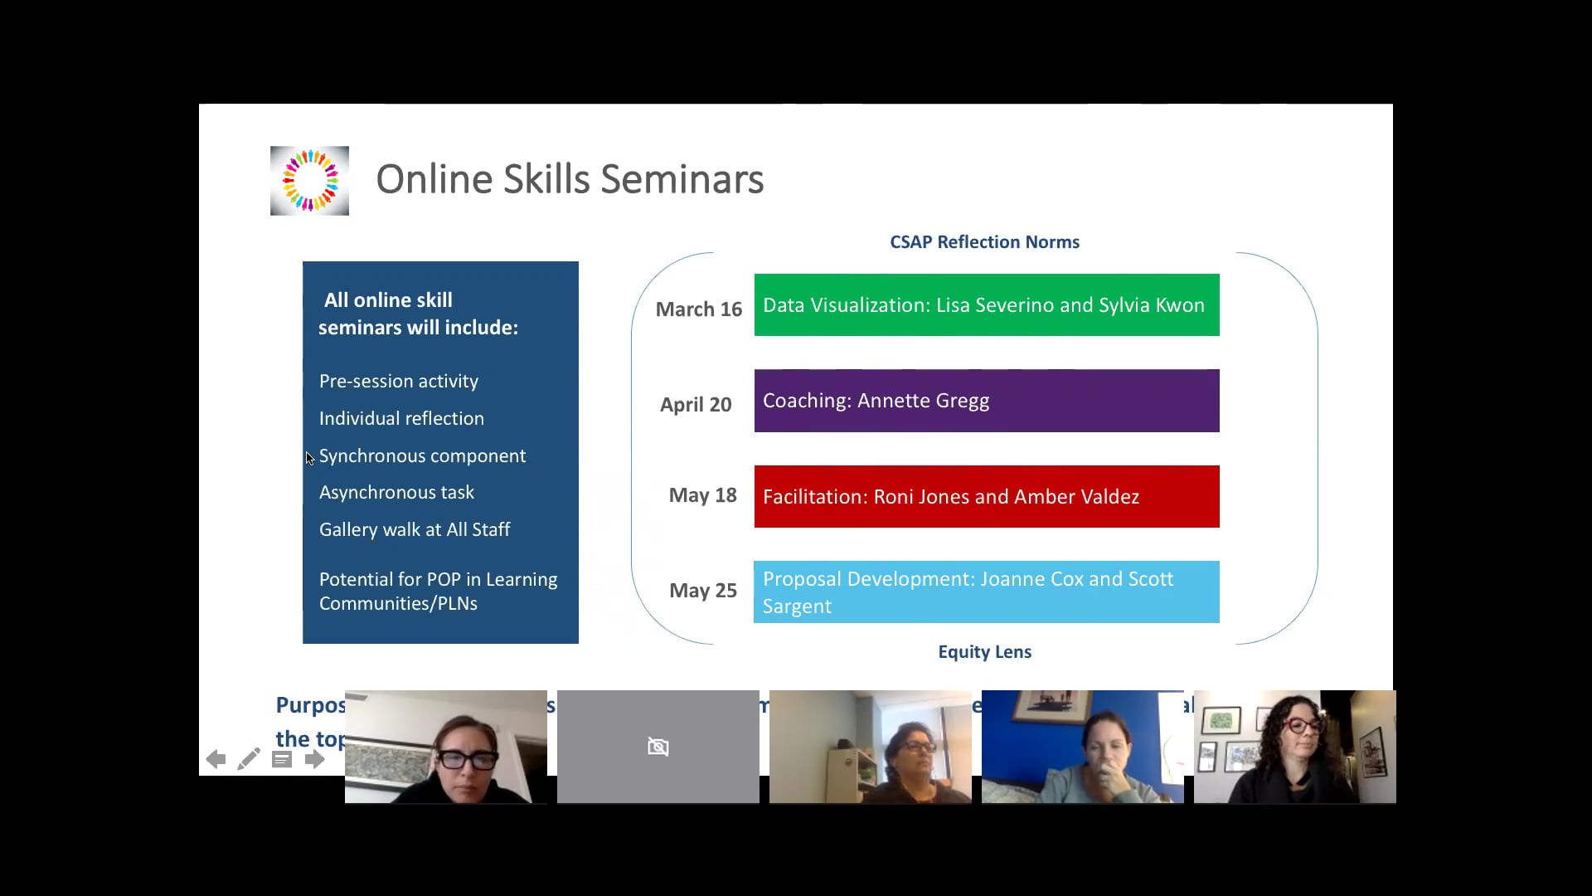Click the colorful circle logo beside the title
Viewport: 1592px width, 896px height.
pyautogui.click(x=309, y=181)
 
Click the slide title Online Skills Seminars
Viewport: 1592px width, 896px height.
pyautogui.click(x=570, y=179)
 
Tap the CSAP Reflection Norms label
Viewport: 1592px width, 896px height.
pyautogui.click(x=984, y=242)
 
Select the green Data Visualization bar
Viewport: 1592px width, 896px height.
pyautogui.click(x=986, y=305)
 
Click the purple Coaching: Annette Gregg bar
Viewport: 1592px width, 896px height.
pyautogui.click(x=986, y=401)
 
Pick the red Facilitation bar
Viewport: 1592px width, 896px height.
pyautogui.click(x=986, y=496)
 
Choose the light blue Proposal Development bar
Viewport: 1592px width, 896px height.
pyautogui.click(x=986, y=592)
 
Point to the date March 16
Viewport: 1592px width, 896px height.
pyautogui.click(x=698, y=309)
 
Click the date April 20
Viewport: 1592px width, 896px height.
pyautogui.click(x=696, y=405)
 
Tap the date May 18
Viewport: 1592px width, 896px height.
pyautogui.click(x=702, y=495)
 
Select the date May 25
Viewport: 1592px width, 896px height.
pyautogui.click(x=702, y=591)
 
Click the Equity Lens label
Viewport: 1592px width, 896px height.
pyautogui.click(x=984, y=652)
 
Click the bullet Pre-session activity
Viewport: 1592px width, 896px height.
pyautogui.click(x=398, y=382)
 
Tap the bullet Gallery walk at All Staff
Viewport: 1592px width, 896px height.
pyautogui.click(x=414, y=530)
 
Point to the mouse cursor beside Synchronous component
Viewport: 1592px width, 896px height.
pyautogui.click(x=309, y=458)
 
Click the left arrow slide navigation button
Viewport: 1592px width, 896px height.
pyautogui.click(x=216, y=759)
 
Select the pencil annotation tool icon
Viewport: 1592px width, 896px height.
pyautogui.click(x=249, y=759)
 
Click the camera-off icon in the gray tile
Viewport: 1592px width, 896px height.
pyautogui.click(x=658, y=747)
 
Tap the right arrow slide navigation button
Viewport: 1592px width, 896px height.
pyautogui.click(x=314, y=759)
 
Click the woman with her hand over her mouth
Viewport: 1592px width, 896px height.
pyautogui.click(x=1082, y=747)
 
